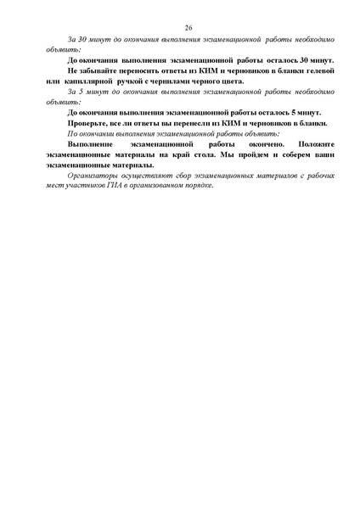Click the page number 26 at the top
tap(188, 28)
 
